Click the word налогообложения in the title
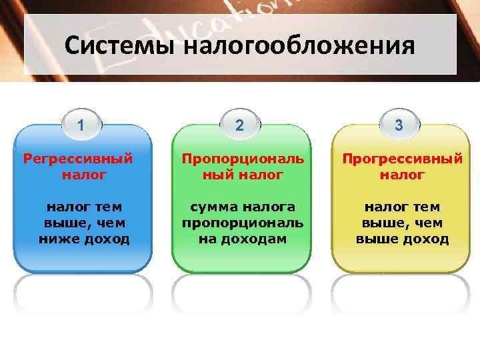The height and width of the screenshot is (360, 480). click(x=297, y=46)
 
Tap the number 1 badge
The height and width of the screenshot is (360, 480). click(x=81, y=125)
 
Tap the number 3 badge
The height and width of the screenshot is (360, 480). click(x=399, y=125)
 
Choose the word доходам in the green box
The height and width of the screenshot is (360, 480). click(x=258, y=239)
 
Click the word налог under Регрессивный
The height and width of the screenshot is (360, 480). click(x=83, y=175)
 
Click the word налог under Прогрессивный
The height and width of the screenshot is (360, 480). click(x=402, y=175)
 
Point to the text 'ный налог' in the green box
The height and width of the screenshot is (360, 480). click(x=243, y=175)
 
